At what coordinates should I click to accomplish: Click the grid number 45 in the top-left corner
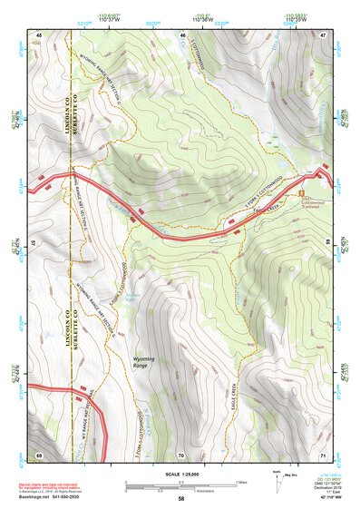(39, 34)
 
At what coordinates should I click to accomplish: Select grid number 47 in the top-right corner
(323, 34)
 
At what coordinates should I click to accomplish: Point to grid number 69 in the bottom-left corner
(39, 454)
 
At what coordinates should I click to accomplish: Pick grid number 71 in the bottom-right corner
(323, 454)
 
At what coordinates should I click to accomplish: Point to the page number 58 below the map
(181, 498)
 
